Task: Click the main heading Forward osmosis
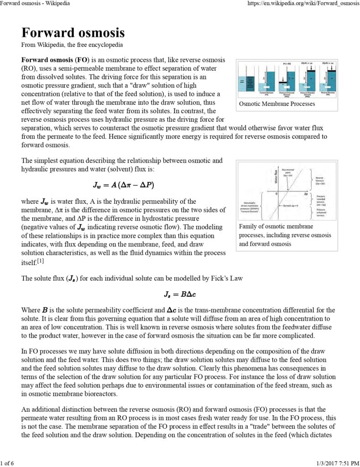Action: (x=73, y=33)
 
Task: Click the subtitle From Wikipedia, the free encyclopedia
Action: (x=72, y=45)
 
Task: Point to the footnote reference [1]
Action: (x=40, y=261)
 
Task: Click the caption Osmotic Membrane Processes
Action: (x=277, y=104)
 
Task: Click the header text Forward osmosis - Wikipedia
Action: (x=36, y=4)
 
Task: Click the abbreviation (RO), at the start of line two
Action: (x=30, y=68)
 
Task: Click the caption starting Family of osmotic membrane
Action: (x=276, y=227)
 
